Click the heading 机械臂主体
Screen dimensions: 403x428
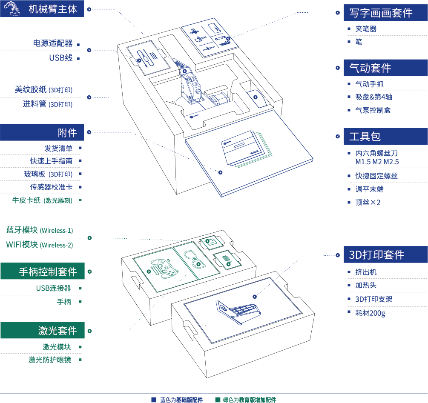point(53,9)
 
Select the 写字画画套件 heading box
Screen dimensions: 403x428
point(381,13)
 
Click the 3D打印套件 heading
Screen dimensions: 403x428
point(376,255)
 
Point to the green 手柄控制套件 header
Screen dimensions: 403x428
point(48,272)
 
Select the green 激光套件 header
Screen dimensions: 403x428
point(57,330)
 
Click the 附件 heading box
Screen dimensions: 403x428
point(67,133)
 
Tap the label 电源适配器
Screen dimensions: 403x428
point(53,43)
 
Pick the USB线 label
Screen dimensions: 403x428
point(60,58)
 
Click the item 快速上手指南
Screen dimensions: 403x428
point(51,161)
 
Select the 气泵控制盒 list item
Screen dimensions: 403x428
point(373,110)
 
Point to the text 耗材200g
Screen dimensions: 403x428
point(370,313)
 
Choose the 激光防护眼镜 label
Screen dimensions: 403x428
point(50,360)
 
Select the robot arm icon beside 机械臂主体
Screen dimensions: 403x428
point(11,9)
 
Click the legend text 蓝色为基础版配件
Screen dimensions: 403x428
point(181,400)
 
